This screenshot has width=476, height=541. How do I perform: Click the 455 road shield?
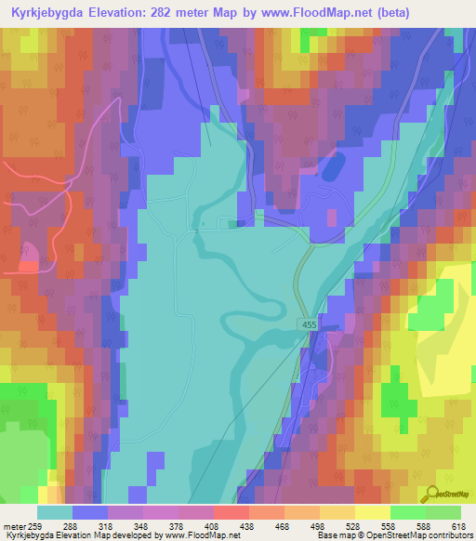[x=309, y=322]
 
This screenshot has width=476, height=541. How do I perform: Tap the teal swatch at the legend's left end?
[x=55, y=512]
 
